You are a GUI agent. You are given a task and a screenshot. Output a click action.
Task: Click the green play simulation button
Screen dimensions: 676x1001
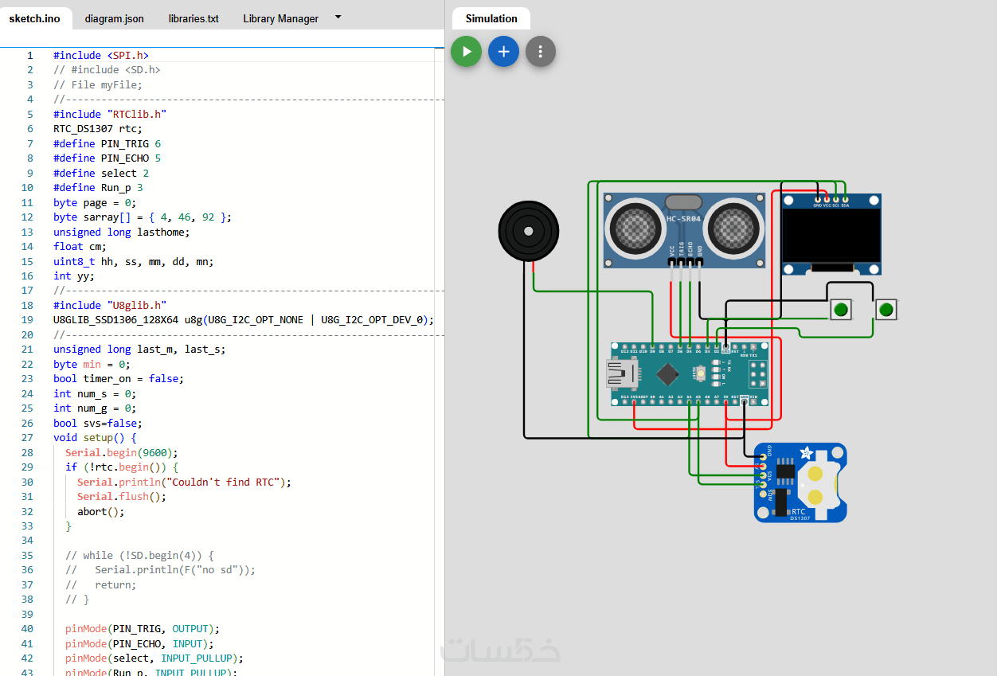tap(466, 52)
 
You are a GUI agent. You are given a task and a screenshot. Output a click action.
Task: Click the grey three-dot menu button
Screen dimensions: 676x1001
tap(540, 52)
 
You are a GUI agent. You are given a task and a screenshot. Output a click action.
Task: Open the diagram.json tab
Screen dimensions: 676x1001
tap(114, 18)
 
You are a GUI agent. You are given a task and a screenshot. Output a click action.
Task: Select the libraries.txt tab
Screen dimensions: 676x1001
tap(194, 18)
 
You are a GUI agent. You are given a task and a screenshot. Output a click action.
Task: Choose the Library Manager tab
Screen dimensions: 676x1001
tap(280, 18)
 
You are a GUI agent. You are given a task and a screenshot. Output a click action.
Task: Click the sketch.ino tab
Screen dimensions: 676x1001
tap(34, 18)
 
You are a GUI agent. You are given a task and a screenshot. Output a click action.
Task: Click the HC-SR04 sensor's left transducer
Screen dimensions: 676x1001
tap(635, 229)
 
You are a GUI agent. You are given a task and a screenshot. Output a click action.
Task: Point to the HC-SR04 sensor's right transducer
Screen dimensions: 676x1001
tap(733, 229)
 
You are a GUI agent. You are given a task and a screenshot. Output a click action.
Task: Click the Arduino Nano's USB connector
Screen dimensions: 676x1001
tap(620, 373)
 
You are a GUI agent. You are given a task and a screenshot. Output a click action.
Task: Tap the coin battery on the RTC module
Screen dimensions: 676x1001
tap(818, 482)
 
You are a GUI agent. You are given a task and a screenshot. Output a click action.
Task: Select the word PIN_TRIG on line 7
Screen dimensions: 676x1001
tap(124, 143)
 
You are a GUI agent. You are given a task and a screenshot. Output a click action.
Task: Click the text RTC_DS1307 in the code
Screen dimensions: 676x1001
tap(83, 129)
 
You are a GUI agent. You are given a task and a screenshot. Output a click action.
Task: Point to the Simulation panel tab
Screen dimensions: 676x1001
tap(491, 18)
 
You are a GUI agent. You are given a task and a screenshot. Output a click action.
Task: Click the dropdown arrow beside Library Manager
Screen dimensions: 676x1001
tap(338, 17)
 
